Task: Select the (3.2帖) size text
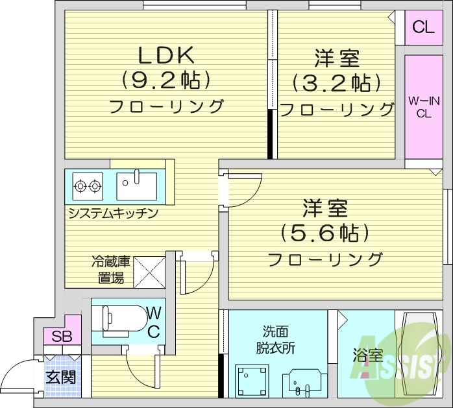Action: [336, 82]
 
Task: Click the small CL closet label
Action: [423, 27]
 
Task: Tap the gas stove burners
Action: [88, 186]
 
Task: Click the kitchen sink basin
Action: [136, 186]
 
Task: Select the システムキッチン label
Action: [112, 213]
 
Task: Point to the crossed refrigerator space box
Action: [150, 272]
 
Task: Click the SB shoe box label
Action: [62, 337]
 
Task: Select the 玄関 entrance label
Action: [62, 377]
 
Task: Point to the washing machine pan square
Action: [252, 379]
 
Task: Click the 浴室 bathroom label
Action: [367, 356]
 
